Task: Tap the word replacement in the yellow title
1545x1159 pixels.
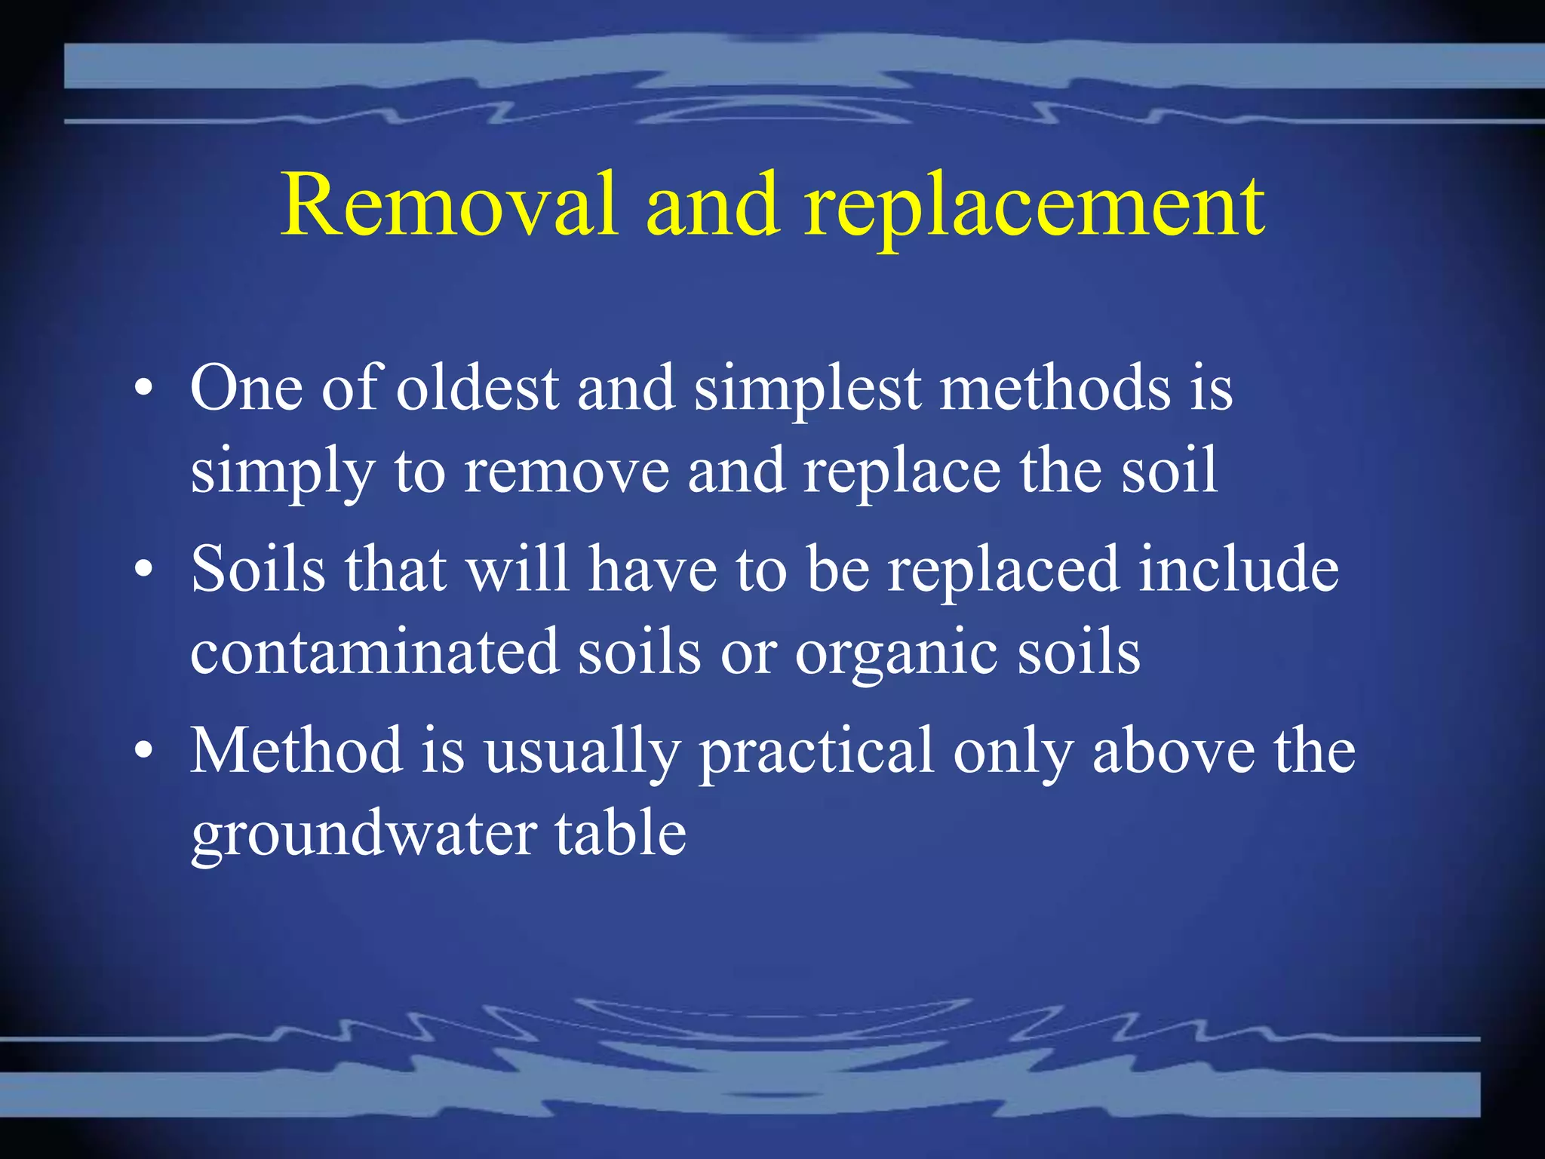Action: pyautogui.click(x=1034, y=208)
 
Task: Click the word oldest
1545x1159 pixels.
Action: pyautogui.click(x=478, y=388)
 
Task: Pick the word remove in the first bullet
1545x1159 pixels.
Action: pyautogui.click(x=567, y=471)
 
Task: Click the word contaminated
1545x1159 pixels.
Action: pyautogui.click(x=374, y=652)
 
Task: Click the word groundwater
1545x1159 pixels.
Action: pyautogui.click(x=364, y=836)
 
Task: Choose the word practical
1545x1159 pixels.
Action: pyautogui.click(x=816, y=753)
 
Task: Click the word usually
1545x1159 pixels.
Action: pyautogui.click(x=582, y=753)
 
